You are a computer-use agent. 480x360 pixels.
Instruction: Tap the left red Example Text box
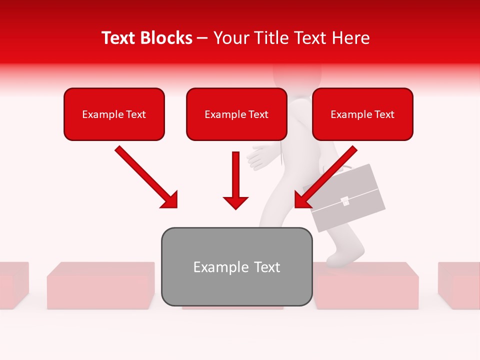pos(114,114)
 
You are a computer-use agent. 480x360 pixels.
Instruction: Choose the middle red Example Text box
pos(236,114)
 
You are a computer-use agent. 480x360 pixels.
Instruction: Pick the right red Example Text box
pos(362,114)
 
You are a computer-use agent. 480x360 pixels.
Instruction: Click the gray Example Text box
pos(236,267)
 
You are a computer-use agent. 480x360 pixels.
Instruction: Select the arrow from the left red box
pos(146,177)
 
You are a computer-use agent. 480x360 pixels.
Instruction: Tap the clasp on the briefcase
pos(344,201)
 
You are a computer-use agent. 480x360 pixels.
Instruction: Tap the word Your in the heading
pos(230,38)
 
